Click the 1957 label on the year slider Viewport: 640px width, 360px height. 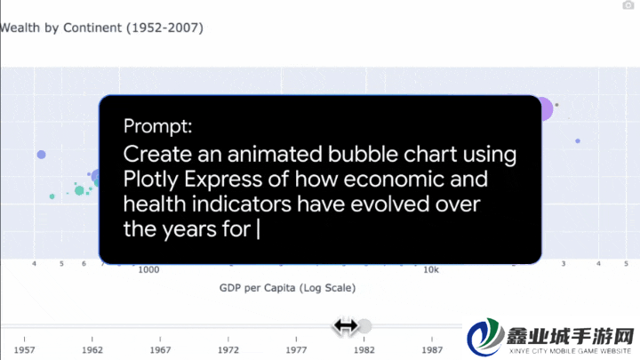[x=25, y=350]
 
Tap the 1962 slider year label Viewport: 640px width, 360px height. [x=92, y=350]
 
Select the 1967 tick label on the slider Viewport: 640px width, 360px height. [x=160, y=350]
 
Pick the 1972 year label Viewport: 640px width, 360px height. [x=228, y=350]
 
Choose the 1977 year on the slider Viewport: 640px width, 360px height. [x=296, y=350]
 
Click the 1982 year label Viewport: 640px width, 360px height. [x=364, y=350]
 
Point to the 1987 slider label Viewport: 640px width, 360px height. [x=432, y=350]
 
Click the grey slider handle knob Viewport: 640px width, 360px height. [x=365, y=326]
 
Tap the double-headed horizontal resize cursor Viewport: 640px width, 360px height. [x=346, y=326]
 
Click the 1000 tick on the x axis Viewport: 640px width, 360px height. [x=148, y=270]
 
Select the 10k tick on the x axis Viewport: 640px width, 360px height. [x=431, y=270]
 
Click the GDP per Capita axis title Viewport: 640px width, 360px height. [x=287, y=288]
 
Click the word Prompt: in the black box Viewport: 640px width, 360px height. [x=158, y=126]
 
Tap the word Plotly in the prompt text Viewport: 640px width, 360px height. [x=151, y=180]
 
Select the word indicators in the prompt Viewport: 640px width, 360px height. [x=241, y=204]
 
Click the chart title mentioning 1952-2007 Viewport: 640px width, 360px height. [x=101, y=28]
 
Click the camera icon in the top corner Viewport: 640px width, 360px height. [x=628, y=5]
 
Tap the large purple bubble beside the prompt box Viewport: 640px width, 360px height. [x=546, y=109]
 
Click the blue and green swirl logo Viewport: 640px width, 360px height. [x=485, y=337]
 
